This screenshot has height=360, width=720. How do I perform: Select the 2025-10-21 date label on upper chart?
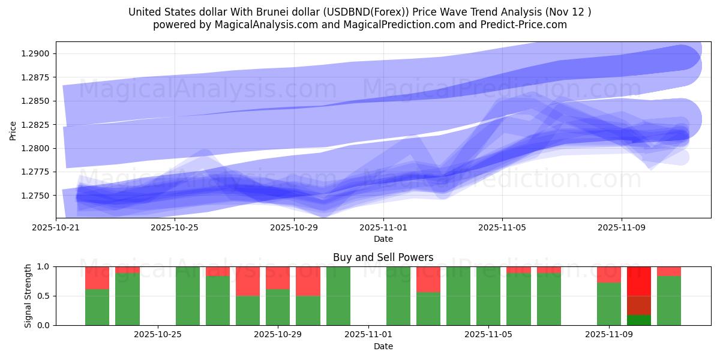coord(56,227)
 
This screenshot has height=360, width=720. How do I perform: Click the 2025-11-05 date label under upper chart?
coord(502,227)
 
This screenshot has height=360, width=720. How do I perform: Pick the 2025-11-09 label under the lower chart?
coord(609,335)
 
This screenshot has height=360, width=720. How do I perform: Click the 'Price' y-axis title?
coord(13,130)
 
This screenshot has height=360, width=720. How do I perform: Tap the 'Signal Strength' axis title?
coord(28,296)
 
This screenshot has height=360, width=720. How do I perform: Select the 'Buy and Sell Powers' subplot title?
coord(383,257)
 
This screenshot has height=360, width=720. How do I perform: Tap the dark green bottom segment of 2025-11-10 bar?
coord(639,320)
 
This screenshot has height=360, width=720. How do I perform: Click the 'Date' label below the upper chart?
coord(383,239)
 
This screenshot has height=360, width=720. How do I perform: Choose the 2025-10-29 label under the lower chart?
coord(278,335)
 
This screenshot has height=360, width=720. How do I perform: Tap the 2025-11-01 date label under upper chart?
coord(383,227)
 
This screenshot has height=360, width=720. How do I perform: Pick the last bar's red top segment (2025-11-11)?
coord(669,271)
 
